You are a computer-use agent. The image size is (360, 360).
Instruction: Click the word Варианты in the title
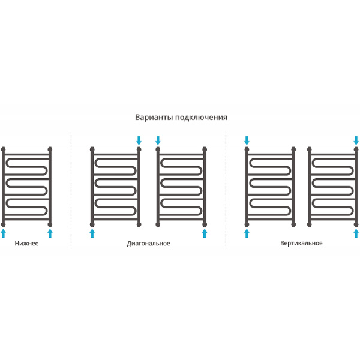pyautogui.click(x=154, y=117)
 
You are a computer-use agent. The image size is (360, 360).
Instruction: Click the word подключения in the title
pyautogui.click(x=201, y=118)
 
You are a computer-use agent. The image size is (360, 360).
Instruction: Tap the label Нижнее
pyautogui.click(x=26, y=243)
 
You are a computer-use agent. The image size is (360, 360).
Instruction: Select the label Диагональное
pyautogui.click(x=149, y=244)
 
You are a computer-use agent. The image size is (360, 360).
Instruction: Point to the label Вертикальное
pyautogui.click(x=301, y=243)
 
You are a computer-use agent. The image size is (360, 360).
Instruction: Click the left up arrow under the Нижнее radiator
pyautogui.click(x=3, y=233)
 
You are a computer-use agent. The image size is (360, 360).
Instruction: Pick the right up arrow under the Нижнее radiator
pyautogui.click(x=50, y=233)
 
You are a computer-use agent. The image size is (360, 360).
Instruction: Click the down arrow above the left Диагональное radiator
pyautogui.click(x=139, y=140)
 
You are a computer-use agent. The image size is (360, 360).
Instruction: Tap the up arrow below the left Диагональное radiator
pyautogui.click(x=92, y=233)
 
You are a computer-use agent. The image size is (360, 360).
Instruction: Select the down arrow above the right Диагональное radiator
pyautogui.click(x=158, y=140)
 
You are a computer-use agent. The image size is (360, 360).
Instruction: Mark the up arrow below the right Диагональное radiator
pyautogui.click(x=205, y=233)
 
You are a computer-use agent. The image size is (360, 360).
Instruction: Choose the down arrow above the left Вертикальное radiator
pyautogui.click(x=247, y=140)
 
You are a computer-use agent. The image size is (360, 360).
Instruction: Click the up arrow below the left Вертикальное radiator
pyautogui.click(x=247, y=233)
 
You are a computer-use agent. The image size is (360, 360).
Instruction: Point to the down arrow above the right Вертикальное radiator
pyautogui.click(x=356, y=140)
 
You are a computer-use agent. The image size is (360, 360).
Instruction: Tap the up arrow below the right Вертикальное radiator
pyautogui.click(x=356, y=233)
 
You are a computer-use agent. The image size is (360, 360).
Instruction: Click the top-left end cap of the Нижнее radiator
pyautogui.click(x=3, y=149)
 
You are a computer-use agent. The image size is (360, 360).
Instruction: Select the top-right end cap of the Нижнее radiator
pyautogui.click(x=50, y=149)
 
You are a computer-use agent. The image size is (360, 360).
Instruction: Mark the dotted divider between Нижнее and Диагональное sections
pyautogui.click(x=71, y=190)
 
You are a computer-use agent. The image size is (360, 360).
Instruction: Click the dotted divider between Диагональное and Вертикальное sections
pyautogui.click(x=226, y=190)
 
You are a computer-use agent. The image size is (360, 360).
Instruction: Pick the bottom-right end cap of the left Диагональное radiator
pyautogui.click(x=139, y=224)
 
